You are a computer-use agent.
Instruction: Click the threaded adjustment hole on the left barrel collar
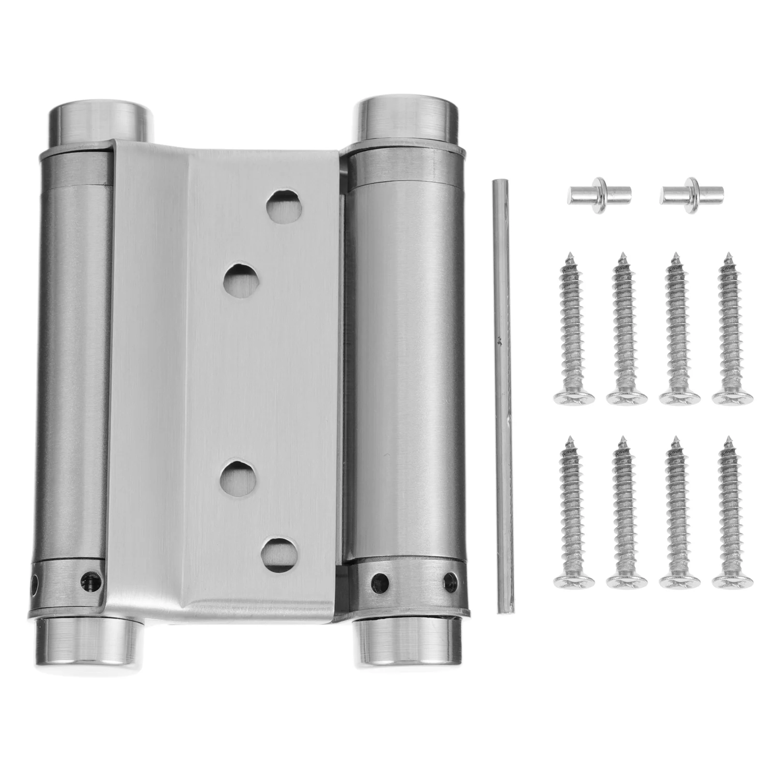coord(89,577)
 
